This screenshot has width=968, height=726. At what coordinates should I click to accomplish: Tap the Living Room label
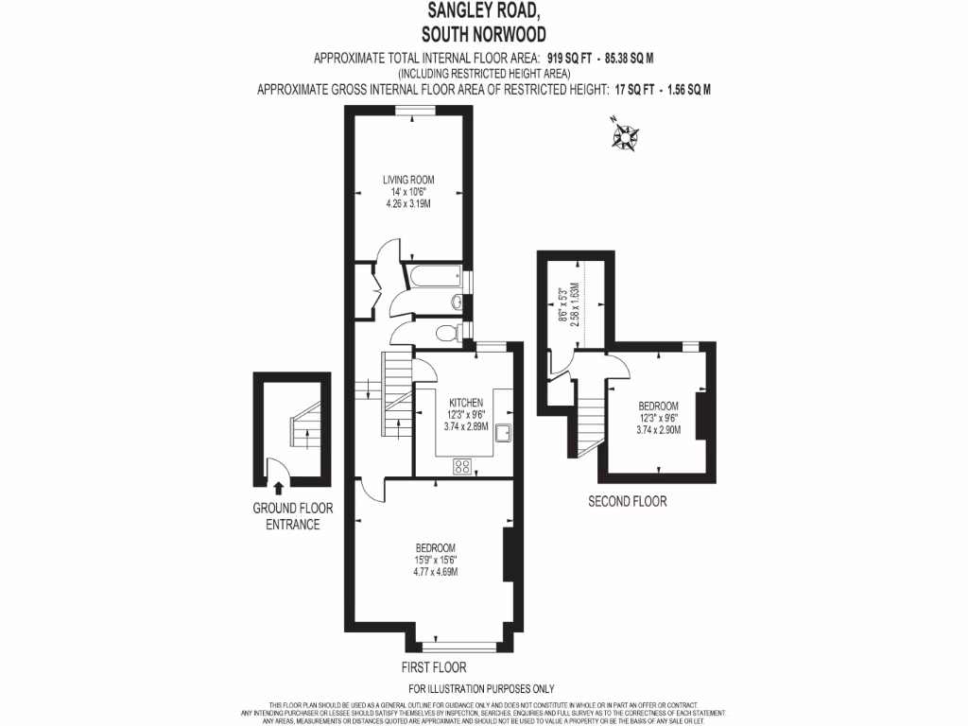(407, 180)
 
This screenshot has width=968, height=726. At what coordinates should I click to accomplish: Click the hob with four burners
(463, 465)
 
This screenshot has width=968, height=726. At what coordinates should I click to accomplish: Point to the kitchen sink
(504, 433)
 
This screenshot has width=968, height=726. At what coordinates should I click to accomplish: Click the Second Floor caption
(627, 502)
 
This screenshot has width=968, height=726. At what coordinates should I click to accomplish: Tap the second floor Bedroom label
(657, 406)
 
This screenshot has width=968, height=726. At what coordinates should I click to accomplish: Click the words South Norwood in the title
(484, 35)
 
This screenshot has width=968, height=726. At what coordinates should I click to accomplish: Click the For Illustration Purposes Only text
(481, 689)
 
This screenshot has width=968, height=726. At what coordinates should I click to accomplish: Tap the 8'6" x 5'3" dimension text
(563, 306)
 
